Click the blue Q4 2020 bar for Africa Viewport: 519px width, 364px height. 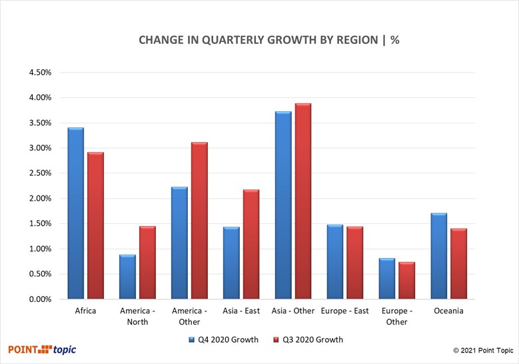click(75, 213)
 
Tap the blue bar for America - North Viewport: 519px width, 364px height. click(127, 277)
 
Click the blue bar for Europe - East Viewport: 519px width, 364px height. click(335, 262)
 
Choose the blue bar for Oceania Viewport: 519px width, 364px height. click(439, 256)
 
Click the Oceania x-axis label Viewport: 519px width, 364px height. click(448, 311)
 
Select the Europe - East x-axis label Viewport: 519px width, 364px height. click(344, 311)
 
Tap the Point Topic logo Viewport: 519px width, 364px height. click(43, 349)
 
